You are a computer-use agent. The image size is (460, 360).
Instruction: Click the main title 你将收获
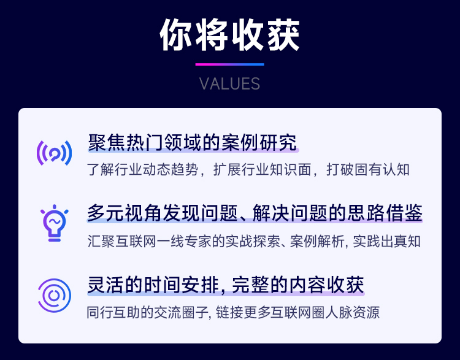pyautogui.click(x=230, y=34)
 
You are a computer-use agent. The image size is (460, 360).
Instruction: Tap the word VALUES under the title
pyautogui.click(x=230, y=84)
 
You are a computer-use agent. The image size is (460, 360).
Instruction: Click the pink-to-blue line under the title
pyautogui.click(x=230, y=64)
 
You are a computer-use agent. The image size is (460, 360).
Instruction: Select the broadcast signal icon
pyautogui.click(x=54, y=153)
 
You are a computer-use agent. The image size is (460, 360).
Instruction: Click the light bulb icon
pyautogui.click(x=54, y=223)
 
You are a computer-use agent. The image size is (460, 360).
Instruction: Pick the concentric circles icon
pyautogui.click(x=54, y=296)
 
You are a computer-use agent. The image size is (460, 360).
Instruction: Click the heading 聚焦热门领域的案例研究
pyautogui.click(x=193, y=143)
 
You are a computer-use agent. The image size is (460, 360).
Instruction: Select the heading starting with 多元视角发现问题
pyautogui.click(x=255, y=213)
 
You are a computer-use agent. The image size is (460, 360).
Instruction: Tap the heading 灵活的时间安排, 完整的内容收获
pyautogui.click(x=226, y=285)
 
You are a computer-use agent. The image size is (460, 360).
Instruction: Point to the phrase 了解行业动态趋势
pyautogui.click(x=142, y=170)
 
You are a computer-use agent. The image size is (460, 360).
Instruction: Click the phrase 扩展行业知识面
pyautogui.click(x=263, y=170)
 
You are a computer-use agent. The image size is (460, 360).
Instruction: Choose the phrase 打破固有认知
pyautogui.click(x=368, y=170)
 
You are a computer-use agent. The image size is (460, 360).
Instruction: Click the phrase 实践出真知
pyautogui.click(x=386, y=242)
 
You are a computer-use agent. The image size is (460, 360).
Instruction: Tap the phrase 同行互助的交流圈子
pyautogui.click(x=142, y=312)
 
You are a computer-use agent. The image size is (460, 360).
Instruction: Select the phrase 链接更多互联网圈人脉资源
pyautogui.click(x=297, y=312)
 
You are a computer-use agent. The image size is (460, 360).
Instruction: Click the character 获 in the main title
pyautogui.click(x=283, y=34)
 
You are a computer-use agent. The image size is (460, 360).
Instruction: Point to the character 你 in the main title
pyautogui.click(x=176, y=34)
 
